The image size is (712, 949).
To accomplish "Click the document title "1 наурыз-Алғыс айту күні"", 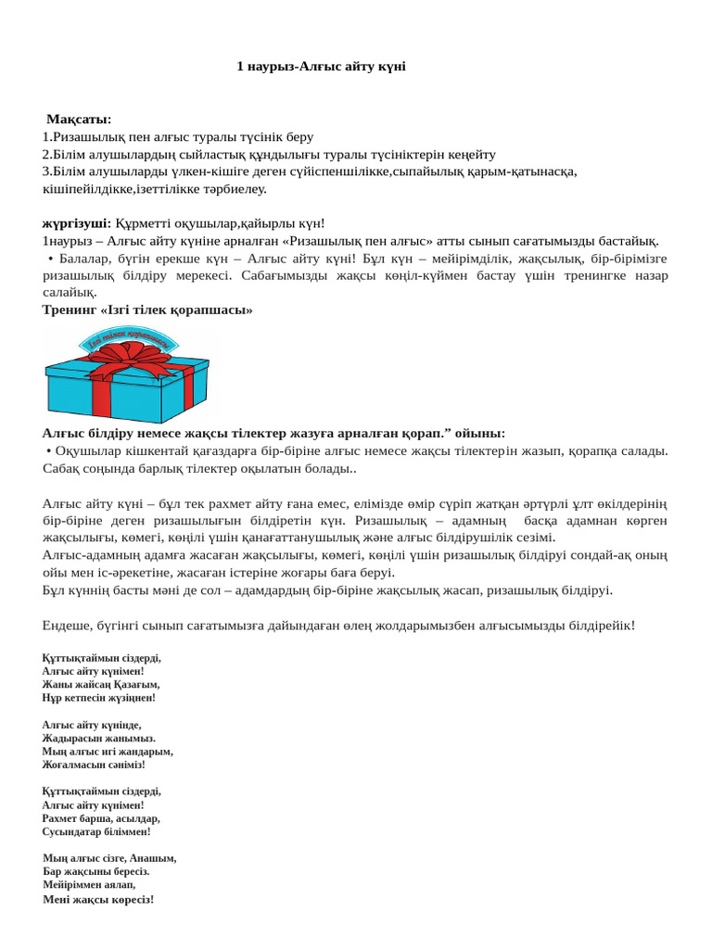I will click(x=322, y=66).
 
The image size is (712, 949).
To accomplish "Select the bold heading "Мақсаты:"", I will click(x=79, y=120).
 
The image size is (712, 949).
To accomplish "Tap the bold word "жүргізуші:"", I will click(x=77, y=223).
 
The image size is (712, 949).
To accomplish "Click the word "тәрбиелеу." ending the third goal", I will click(x=235, y=189).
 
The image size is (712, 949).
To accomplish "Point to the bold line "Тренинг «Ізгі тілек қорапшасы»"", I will click(x=147, y=310).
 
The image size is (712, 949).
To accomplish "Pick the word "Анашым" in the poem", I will click(x=152, y=858).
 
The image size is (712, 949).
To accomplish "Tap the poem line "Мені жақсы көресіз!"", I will click(x=98, y=899).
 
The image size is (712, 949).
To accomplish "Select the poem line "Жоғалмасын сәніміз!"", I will click(x=94, y=765).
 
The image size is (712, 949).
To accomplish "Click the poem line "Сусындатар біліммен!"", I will click(x=96, y=832).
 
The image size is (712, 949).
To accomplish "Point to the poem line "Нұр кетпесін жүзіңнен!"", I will click(x=99, y=697).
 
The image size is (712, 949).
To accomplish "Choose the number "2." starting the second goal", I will click(x=47, y=154).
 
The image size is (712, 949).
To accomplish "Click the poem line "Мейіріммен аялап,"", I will click(x=89, y=885).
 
